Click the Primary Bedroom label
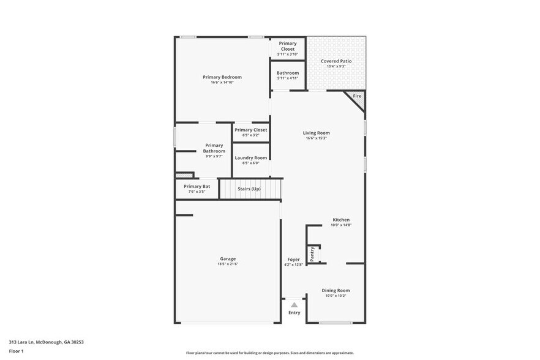(222, 77)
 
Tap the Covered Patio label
(336, 61)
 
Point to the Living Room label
(316, 133)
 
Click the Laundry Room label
(251, 158)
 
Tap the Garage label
(228, 258)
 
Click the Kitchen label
(341, 220)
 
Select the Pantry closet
(313, 253)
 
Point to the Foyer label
(293, 260)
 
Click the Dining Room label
(336, 290)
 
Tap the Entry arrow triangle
(294, 304)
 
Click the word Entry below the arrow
(294, 313)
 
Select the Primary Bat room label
(197, 186)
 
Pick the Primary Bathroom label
(214, 148)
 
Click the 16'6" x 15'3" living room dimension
(316, 138)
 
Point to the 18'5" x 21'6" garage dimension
(228, 264)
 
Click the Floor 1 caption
(16, 351)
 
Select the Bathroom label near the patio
(287, 73)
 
